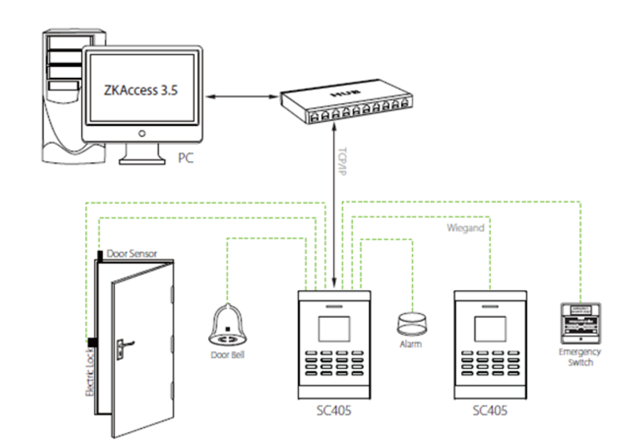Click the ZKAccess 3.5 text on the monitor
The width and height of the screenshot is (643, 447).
coord(140,90)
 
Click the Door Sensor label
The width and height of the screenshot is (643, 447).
coord(132,253)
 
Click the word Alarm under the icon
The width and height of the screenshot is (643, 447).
coord(411,344)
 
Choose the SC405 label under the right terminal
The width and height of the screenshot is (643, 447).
coord(489,412)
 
